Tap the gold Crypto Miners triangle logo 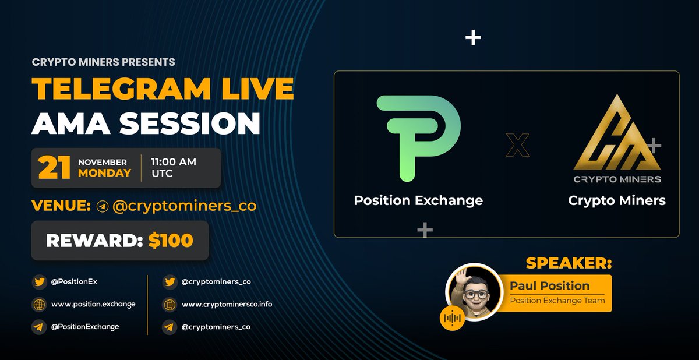616,140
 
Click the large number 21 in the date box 51,168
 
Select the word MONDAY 105,174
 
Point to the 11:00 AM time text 172,161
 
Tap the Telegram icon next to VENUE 103,206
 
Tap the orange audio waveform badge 453,318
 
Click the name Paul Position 549,286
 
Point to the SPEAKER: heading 569,263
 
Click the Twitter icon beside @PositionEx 40,282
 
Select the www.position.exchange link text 93,304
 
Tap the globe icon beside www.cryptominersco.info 170,304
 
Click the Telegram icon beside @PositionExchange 40,327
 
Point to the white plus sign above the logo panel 473,38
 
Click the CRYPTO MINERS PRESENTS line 104,61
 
